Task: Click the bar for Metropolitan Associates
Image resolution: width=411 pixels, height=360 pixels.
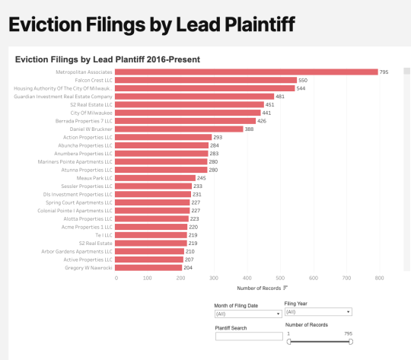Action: pyautogui.click(x=247, y=72)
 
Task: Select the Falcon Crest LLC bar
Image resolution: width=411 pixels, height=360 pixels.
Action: pyautogui.click(x=206, y=80)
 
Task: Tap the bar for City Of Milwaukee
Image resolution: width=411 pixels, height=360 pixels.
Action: pyautogui.click(x=186, y=113)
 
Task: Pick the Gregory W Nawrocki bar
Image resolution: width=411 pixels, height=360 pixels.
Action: pyautogui.click(x=149, y=268)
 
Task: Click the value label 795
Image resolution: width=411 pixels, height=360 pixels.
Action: pyautogui.click(x=384, y=72)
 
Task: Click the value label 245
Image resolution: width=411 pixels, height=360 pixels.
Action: pyautogui.click(x=202, y=178)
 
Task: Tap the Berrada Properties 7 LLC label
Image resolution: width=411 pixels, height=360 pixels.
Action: pyautogui.click(x=84, y=121)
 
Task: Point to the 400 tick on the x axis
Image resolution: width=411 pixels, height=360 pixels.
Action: pyautogui.click(x=247, y=279)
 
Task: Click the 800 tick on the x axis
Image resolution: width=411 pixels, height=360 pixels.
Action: pyautogui.click(x=378, y=279)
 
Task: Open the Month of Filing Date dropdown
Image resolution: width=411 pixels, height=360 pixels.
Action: pyautogui.click(x=246, y=314)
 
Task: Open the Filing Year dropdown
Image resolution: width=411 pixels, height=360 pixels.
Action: pyautogui.click(x=317, y=312)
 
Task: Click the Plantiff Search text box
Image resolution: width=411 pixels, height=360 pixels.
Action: pyautogui.click(x=249, y=336)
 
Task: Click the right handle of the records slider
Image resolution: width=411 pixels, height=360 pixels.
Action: pyautogui.click(x=350, y=342)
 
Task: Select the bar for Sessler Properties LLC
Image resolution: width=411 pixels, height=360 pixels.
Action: pyautogui.click(x=154, y=186)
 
